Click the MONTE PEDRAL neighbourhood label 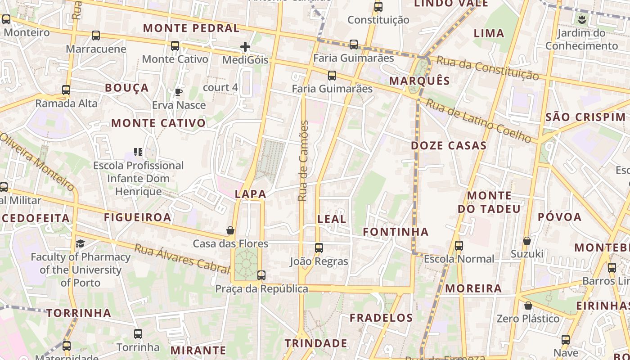coord(191,28)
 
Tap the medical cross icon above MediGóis coord(245,47)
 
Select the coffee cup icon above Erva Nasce coord(178,92)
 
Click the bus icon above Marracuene coord(95,36)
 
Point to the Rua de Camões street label coord(303,161)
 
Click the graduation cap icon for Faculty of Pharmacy coord(80,243)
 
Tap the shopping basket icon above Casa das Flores coord(230,230)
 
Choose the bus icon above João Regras coord(319,248)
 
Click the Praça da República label coord(261,289)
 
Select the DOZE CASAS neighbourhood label coord(449,145)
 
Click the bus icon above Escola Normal coord(459,246)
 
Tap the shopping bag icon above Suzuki coord(527,241)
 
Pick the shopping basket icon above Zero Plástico coord(528,306)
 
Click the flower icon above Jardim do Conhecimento coord(582,19)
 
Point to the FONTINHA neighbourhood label coord(396,232)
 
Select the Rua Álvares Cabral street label coord(182,259)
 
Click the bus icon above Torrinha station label coord(138,334)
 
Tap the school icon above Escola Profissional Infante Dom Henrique coord(138,152)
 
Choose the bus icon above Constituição coord(378,7)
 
